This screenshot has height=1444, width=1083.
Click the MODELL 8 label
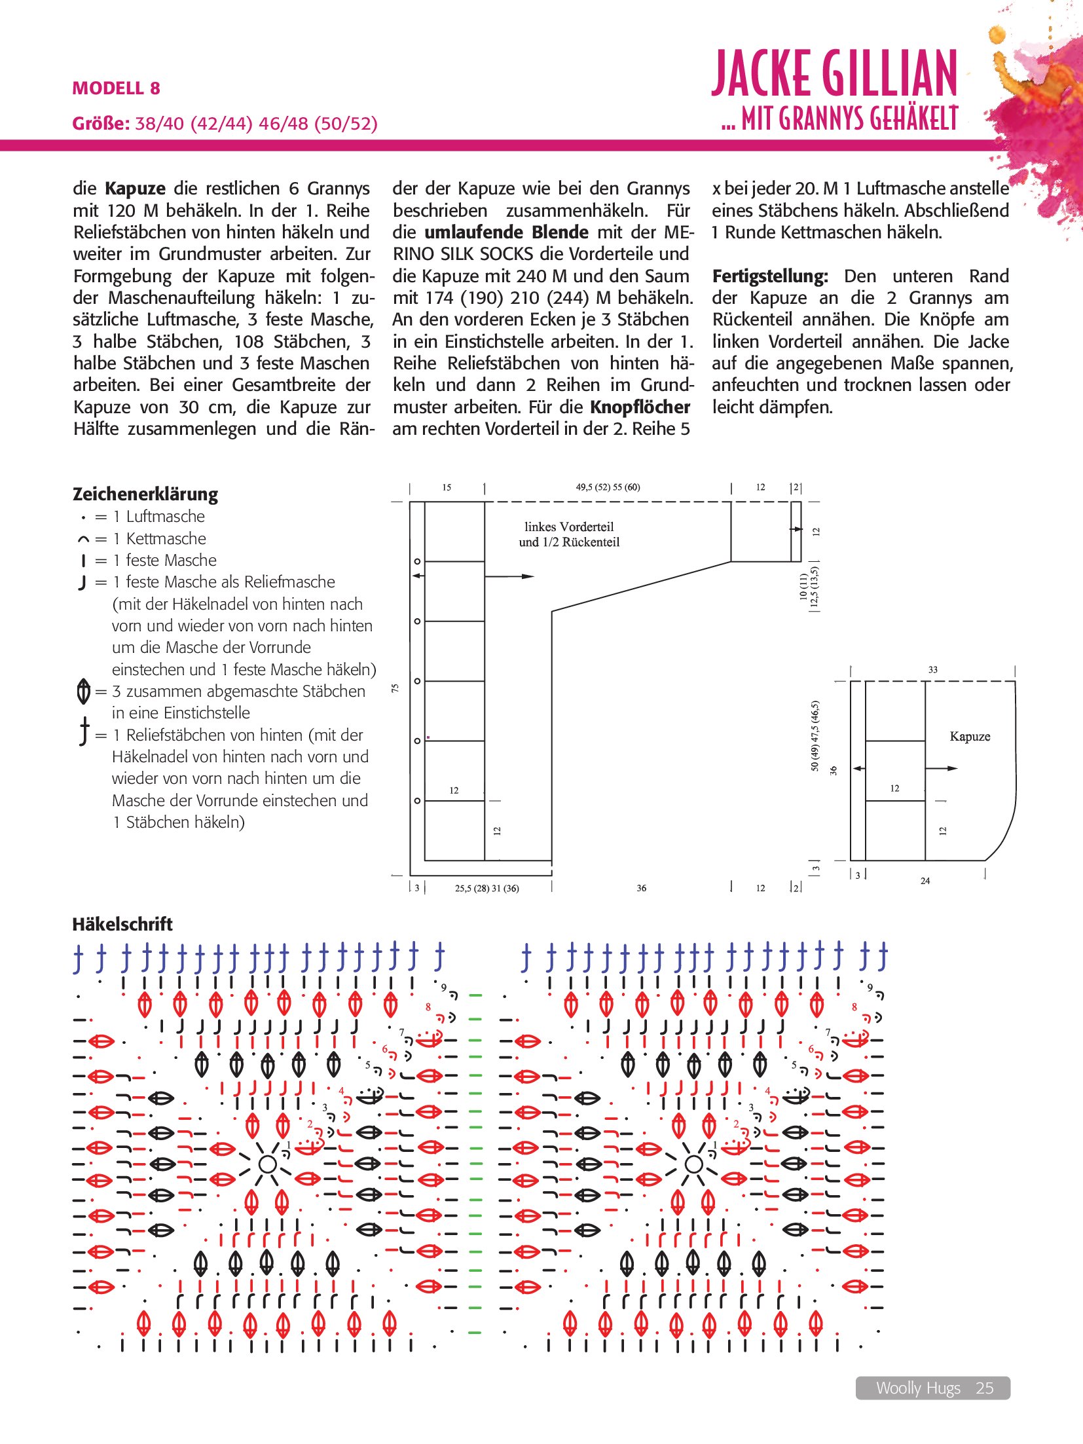click(x=116, y=88)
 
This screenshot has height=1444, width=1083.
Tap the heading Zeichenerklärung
click(x=145, y=494)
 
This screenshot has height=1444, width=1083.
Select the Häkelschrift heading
click(x=122, y=924)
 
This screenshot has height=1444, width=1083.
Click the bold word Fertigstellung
click(x=769, y=276)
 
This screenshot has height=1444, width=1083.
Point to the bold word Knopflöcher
click(x=640, y=407)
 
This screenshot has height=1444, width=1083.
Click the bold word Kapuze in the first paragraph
click(x=135, y=189)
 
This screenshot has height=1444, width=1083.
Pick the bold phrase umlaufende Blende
click(x=506, y=232)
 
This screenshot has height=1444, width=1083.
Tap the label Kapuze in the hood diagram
click(x=969, y=736)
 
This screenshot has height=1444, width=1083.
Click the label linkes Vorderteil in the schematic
click(x=568, y=527)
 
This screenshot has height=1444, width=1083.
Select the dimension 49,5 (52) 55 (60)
click(x=608, y=487)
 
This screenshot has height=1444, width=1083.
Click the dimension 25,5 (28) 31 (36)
click(x=486, y=889)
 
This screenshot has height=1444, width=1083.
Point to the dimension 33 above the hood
click(x=932, y=670)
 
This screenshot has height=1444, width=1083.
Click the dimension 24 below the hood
click(x=925, y=881)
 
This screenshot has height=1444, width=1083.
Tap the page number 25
click(x=984, y=1388)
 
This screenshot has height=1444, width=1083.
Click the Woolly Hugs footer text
click(x=917, y=1388)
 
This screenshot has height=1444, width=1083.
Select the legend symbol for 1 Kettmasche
click(x=83, y=540)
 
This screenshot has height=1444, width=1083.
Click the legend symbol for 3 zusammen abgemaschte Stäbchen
click(x=83, y=692)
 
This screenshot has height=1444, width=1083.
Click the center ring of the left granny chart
click(x=267, y=1164)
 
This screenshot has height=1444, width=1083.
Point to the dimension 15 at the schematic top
click(x=447, y=487)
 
